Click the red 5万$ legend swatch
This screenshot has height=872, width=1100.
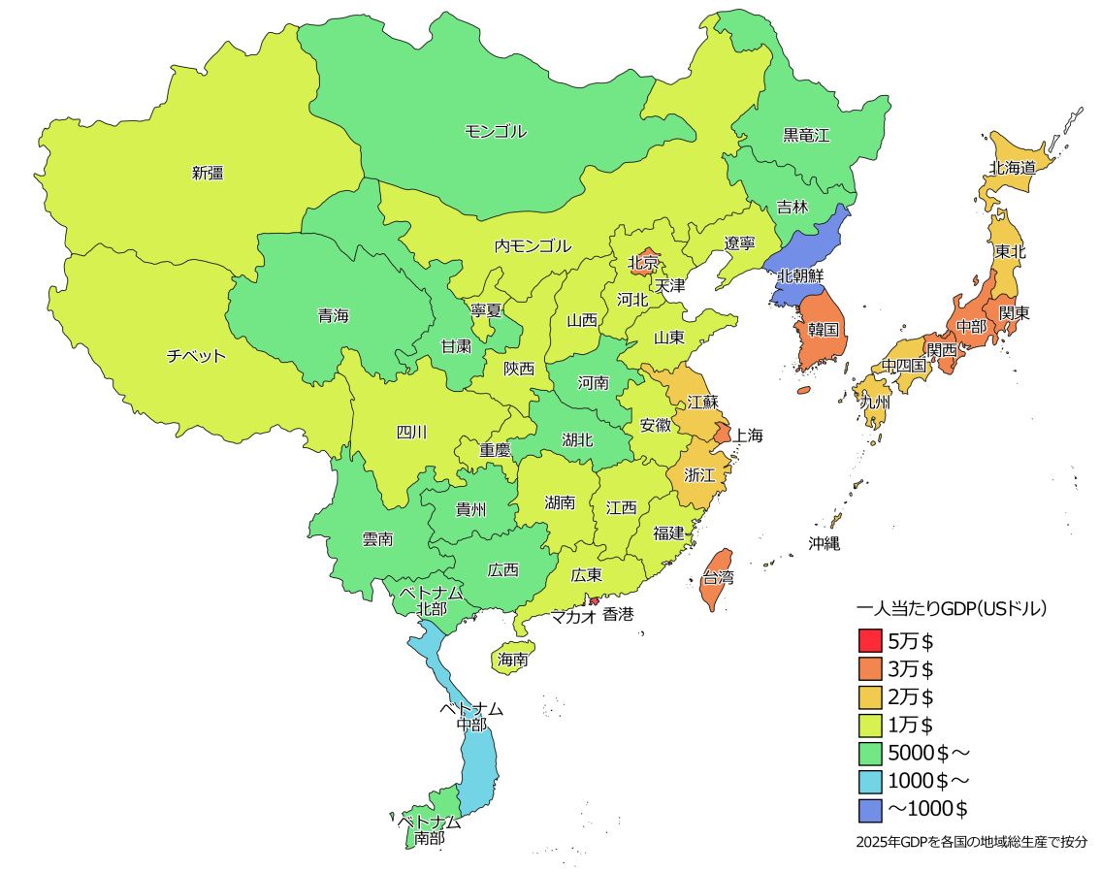tap(870, 641)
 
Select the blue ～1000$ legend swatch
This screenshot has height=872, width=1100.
tap(870, 808)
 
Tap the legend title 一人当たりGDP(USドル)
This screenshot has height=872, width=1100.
tap(952, 610)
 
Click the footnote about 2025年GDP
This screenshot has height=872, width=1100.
tap(971, 842)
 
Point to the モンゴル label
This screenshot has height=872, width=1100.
tap(495, 132)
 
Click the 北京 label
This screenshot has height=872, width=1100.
tap(643, 262)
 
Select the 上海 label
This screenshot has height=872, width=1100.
tap(747, 436)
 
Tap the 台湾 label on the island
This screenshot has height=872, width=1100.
tap(718, 578)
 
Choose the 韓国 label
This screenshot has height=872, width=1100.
tap(823, 330)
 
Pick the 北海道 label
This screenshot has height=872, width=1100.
tap(1013, 168)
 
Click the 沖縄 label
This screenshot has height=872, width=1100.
tap(824, 543)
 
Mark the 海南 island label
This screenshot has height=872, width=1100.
tap(512, 660)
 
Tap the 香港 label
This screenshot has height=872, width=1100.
tap(618, 614)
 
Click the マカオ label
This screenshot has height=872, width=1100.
tap(573, 615)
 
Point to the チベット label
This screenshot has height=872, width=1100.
tap(196, 356)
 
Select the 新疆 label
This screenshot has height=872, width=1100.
tap(208, 174)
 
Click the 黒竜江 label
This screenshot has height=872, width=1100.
tap(806, 136)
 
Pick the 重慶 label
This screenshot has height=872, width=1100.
tap(495, 450)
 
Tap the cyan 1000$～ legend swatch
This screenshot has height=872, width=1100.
tap(870, 780)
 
